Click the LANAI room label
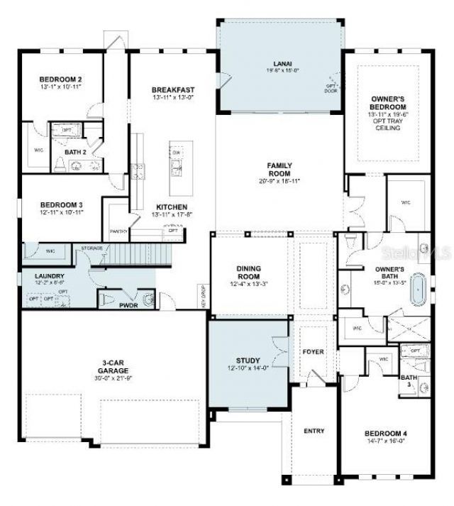click(x=281, y=63)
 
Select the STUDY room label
click(x=248, y=360)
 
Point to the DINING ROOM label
click(x=248, y=273)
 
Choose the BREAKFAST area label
click(x=172, y=90)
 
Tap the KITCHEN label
click(x=171, y=208)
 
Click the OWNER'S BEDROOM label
click(x=388, y=103)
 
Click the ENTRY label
click(x=314, y=431)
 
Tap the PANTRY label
click(x=118, y=231)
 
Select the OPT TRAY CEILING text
click(x=388, y=124)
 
